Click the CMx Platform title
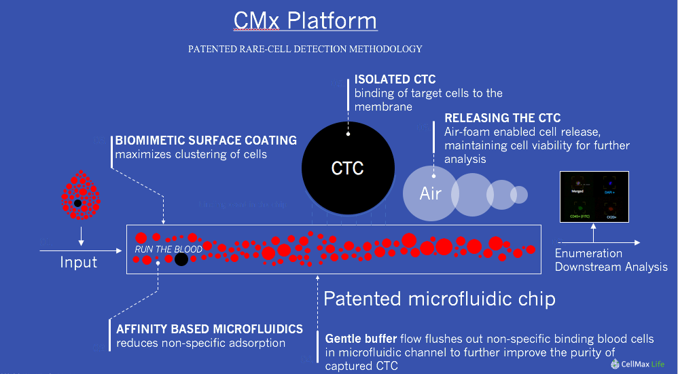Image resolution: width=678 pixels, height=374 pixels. [305, 20]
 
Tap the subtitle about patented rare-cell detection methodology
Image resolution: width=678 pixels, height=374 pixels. [305, 49]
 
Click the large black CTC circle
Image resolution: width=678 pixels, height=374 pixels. [347, 167]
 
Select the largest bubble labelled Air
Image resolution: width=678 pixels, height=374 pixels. [431, 193]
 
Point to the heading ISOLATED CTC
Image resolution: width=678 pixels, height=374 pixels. [395, 80]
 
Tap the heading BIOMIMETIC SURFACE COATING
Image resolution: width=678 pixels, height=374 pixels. [206, 141]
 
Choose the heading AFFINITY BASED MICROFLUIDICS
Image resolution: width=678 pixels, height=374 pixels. [209, 329]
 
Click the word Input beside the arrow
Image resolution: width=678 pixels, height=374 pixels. [79, 262]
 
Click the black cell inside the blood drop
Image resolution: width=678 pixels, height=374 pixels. [78, 203]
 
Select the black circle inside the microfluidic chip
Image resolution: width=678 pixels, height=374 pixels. [181, 259]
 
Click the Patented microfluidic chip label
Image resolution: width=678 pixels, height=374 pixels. [440, 299]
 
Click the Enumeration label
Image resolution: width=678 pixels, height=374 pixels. [588, 253]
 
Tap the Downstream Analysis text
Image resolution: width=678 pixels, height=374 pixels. [611, 267]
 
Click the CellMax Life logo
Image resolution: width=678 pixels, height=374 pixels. [637, 364]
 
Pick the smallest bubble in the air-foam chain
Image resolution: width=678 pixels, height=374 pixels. [519, 194]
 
